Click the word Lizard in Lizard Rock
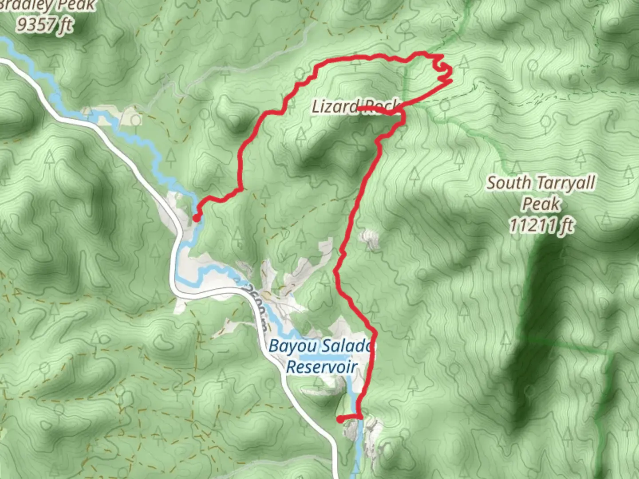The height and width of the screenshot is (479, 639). point(335,106)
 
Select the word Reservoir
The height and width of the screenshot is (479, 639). point(322,367)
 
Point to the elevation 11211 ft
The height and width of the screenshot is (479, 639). point(541,225)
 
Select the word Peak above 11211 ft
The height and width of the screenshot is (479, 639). point(541,204)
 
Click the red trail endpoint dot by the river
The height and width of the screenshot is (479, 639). point(196,217)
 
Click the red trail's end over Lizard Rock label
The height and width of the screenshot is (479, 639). point(359,108)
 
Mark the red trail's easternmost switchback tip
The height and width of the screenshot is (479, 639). point(451,81)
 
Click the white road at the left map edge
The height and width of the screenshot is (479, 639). point(4,63)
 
